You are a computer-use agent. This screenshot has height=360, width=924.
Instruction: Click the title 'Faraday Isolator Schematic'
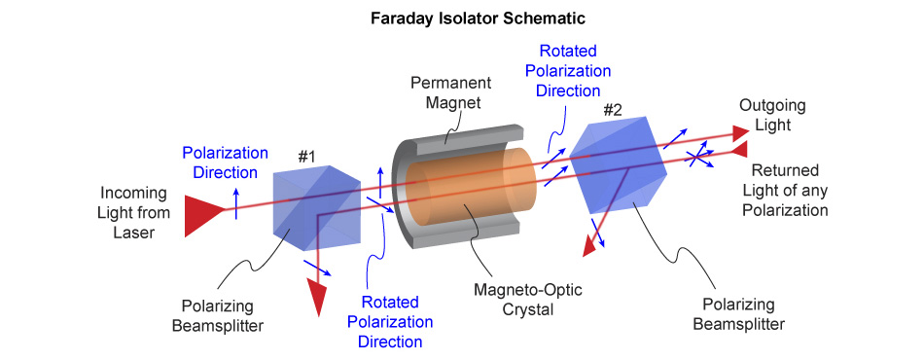[x=461, y=18]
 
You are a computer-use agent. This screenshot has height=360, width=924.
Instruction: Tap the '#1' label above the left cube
[x=306, y=155]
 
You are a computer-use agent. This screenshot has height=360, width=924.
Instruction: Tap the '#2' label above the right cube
[x=614, y=108]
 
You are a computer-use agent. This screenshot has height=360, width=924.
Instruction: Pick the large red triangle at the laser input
[x=203, y=213]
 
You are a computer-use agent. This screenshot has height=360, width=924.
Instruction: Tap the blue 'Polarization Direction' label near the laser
[x=224, y=162]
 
